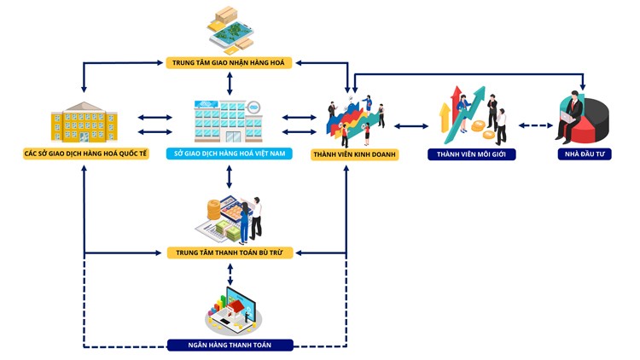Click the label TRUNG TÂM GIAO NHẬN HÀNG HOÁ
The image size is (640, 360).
coord(230,62)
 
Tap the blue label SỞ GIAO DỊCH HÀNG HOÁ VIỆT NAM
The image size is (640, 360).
coord(230,154)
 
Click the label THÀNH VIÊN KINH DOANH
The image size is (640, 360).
coord(354,154)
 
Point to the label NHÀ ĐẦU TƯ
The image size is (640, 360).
coord(580,155)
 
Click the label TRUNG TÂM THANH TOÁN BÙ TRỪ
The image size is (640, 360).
coord(230,253)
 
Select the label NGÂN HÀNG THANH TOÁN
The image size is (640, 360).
coord(230,345)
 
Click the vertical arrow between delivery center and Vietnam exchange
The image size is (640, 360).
coord(230,83)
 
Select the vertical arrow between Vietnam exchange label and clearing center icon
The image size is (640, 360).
coord(230,177)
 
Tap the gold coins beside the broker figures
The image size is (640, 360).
coord(486,129)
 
